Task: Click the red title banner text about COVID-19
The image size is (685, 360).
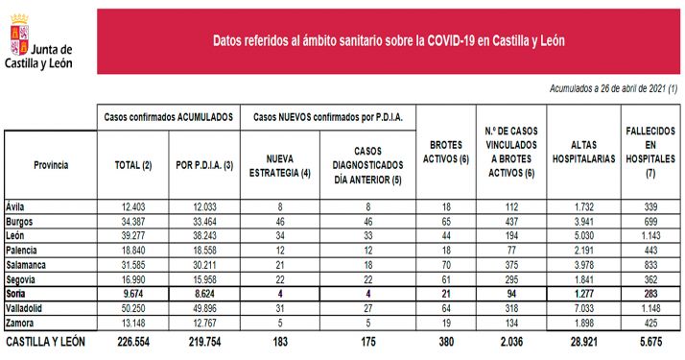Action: click(x=388, y=40)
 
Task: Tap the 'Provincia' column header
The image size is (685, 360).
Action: click(x=50, y=165)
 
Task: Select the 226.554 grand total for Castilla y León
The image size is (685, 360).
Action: click(x=132, y=342)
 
